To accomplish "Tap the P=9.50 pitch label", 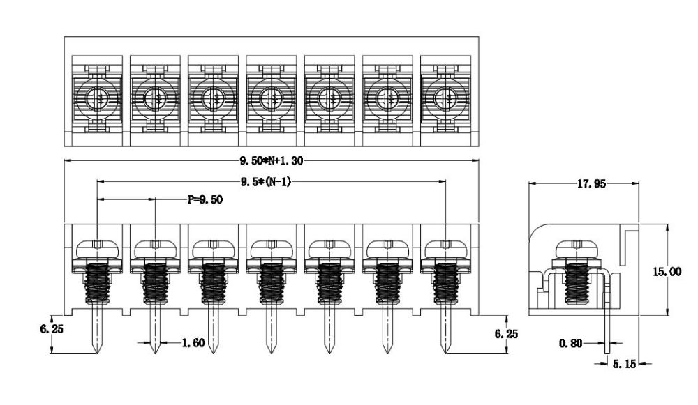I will tap(205, 199).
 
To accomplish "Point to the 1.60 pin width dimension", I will tap(193, 343).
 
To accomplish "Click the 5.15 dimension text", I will tap(621, 363).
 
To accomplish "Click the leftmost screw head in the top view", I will tap(98, 99).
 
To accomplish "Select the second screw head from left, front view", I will tap(155, 248).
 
